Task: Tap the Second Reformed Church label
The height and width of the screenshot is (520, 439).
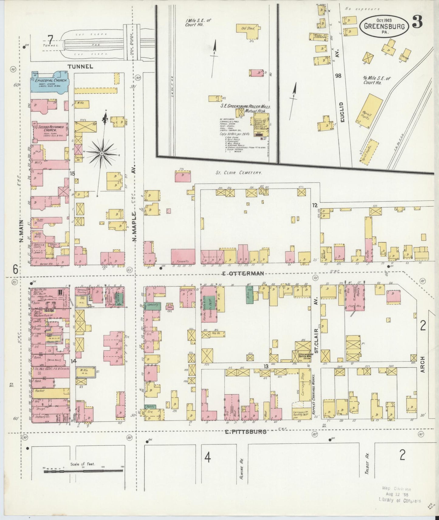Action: (x=50, y=130)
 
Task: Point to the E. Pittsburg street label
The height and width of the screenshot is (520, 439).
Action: (x=246, y=431)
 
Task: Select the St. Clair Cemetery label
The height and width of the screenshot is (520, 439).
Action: (x=238, y=173)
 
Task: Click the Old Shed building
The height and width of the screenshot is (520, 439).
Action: (x=246, y=30)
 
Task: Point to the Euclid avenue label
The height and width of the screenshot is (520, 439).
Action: (x=342, y=112)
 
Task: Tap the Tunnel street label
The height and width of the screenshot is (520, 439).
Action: (x=80, y=66)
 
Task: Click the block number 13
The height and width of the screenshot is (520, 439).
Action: (x=266, y=366)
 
